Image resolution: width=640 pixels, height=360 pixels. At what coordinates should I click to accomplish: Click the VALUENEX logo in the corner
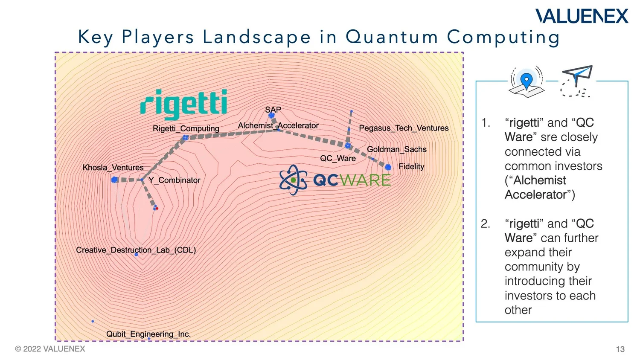(x=582, y=16)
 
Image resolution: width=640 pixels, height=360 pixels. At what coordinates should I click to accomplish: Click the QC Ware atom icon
(x=293, y=180)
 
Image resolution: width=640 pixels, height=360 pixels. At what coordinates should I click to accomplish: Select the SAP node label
(x=273, y=110)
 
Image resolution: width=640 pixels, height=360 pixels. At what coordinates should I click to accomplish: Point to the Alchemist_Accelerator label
(x=278, y=125)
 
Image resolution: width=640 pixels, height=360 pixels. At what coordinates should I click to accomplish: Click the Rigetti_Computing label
(x=186, y=128)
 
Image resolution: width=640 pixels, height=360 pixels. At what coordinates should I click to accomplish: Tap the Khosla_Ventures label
(x=113, y=168)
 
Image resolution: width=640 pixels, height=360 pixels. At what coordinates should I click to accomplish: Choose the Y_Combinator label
(x=174, y=180)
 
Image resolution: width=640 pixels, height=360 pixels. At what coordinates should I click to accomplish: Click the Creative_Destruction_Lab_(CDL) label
(x=136, y=250)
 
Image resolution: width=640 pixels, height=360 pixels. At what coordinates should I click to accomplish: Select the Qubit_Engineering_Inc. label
(x=148, y=334)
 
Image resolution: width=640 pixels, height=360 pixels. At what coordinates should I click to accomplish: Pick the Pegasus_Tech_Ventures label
(x=404, y=128)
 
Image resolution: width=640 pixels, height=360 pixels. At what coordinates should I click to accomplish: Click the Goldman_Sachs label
(x=396, y=149)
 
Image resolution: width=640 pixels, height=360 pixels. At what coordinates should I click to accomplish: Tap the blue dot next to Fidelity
(x=388, y=167)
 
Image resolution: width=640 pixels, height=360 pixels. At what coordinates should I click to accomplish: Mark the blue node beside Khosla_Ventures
(x=114, y=180)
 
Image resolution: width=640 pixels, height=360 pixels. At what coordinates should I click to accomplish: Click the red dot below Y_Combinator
(x=157, y=208)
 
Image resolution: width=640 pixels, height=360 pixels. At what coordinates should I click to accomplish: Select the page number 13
(x=620, y=349)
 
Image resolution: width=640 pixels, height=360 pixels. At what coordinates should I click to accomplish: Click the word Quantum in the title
(x=392, y=37)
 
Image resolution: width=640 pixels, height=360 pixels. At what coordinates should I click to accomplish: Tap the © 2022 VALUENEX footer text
(x=50, y=349)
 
